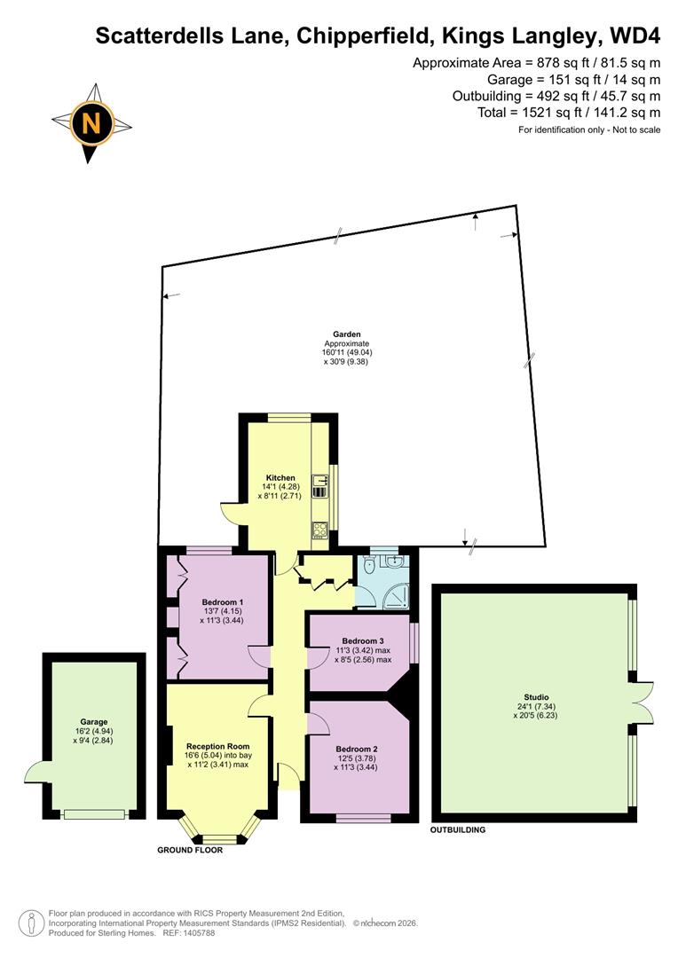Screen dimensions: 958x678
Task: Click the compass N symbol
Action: [91, 122]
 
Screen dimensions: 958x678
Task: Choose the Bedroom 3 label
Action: [363, 640]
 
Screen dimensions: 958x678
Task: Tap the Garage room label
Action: [93, 722]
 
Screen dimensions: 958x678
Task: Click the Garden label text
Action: [346, 334]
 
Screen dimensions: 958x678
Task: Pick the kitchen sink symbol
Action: [320, 485]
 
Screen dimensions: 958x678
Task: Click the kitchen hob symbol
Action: [320, 530]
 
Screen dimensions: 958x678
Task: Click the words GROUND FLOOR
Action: [189, 850]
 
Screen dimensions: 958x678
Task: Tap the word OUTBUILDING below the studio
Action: [458, 830]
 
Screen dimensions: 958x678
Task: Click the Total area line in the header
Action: [569, 113]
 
